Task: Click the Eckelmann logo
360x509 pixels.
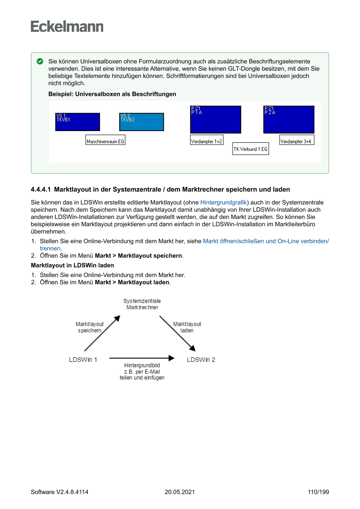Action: pyautogui.click(x=67, y=27)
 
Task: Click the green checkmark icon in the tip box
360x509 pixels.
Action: pyautogui.click(x=40, y=61)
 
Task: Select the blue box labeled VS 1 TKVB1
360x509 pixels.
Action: pyautogui.click(x=77, y=122)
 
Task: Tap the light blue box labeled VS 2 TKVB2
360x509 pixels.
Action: pyautogui.click(x=141, y=122)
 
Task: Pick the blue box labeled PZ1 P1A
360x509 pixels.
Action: pyautogui.click(x=215, y=120)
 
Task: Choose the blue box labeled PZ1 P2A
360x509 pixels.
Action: pyautogui.click(x=289, y=120)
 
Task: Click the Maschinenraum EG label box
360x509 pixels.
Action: pyautogui.click(x=105, y=141)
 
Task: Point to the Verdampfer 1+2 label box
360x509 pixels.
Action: pyautogui.click(x=207, y=141)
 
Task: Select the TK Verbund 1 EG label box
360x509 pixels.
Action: pyautogui.click(x=250, y=149)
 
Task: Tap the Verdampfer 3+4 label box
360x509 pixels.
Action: pyautogui.click(x=297, y=141)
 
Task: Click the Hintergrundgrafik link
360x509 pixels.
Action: pyautogui.click(x=223, y=202)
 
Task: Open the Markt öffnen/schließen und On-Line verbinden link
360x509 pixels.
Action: pyautogui.click(x=266, y=241)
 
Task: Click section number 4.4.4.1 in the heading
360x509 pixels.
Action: pyautogui.click(x=41, y=189)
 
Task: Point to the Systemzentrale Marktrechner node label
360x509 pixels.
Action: pyautogui.click(x=142, y=304)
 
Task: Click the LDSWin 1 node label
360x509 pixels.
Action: pyautogui.click(x=83, y=360)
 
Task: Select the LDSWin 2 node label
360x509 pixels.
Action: pyautogui.click(x=201, y=360)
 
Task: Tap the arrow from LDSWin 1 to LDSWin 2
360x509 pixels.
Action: pyautogui.click(x=141, y=358)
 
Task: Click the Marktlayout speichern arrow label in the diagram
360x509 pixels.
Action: pyautogui.click(x=90, y=327)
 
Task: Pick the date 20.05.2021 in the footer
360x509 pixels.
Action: pyautogui.click(x=180, y=492)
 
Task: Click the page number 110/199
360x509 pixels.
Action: pyautogui.click(x=318, y=492)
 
